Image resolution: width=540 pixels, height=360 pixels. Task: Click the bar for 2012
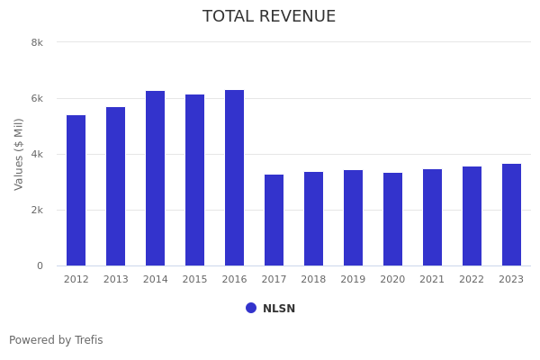[76, 191]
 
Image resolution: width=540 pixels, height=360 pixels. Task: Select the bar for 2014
[156, 178]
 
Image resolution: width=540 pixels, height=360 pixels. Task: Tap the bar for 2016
[235, 178]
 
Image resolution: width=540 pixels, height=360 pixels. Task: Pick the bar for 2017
[274, 220]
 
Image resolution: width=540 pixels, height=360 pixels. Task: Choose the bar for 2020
[393, 220]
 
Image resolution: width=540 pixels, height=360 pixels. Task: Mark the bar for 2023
[512, 215]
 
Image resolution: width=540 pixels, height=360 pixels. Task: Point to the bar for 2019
[354, 218]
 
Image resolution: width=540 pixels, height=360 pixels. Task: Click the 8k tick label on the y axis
[37, 42]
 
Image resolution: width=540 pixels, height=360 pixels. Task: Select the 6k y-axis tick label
[37, 98]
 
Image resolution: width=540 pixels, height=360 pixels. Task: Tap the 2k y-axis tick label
[37, 210]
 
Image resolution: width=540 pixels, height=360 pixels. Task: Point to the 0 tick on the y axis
[40, 265]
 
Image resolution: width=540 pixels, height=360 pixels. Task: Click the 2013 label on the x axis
[116, 280]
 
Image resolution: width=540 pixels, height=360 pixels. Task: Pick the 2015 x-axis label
[195, 280]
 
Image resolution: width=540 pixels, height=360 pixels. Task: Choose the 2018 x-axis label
[314, 280]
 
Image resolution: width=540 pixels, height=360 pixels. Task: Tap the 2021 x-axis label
[433, 280]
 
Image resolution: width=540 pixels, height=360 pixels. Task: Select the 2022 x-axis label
[472, 280]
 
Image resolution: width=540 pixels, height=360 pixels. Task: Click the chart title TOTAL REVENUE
[269, 17]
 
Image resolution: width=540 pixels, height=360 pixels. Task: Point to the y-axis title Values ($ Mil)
[19, 154]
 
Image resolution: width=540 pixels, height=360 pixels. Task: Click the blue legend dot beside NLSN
[251, 308]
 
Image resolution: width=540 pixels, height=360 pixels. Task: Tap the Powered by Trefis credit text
[56, 340]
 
